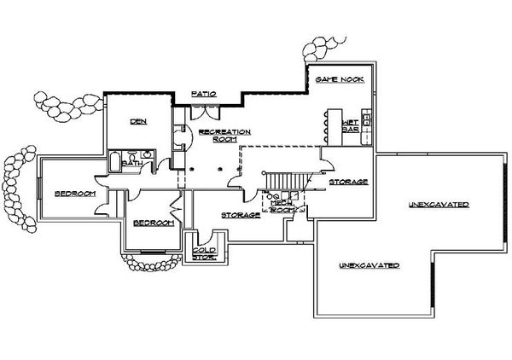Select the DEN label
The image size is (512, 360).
(138, 122)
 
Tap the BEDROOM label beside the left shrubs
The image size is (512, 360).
(75, 194)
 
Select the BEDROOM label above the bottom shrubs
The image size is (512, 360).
(154, 223)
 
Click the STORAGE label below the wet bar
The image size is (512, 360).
(348, 182)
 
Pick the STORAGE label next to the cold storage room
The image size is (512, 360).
(241, 214)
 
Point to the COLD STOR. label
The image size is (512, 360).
(204, 253)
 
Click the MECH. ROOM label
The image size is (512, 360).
(283, 206)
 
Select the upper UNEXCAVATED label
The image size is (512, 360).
(439, 205)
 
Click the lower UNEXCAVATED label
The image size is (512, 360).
(369, 265)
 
